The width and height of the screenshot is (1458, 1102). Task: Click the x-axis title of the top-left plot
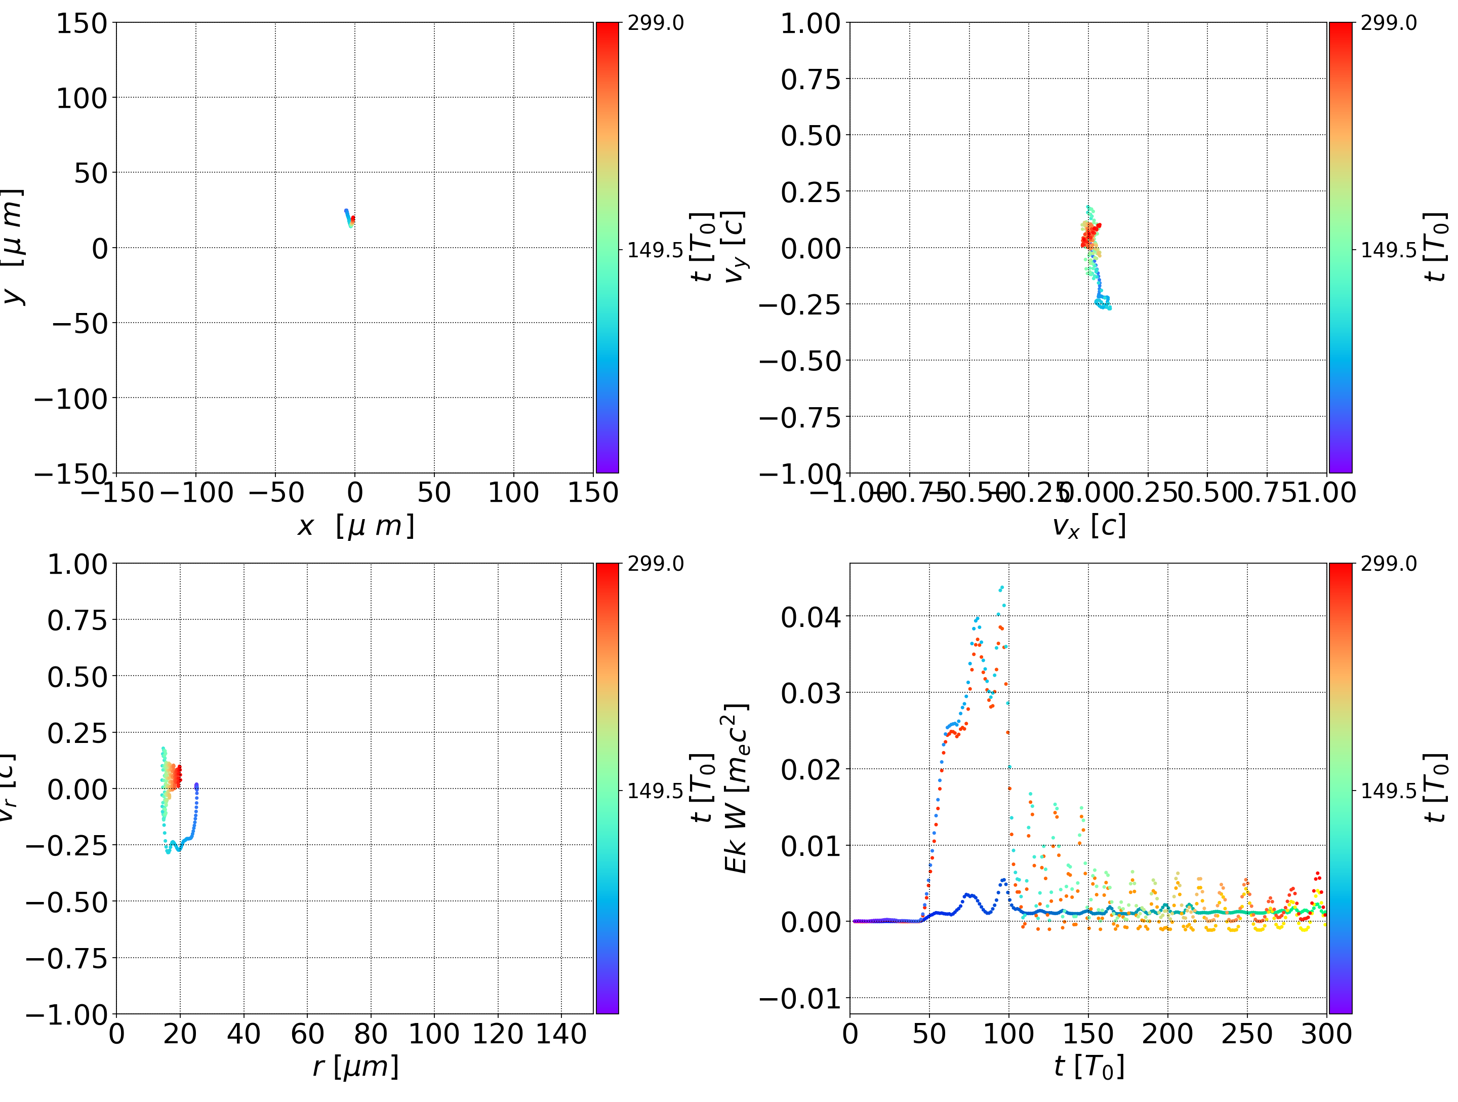[356, 526]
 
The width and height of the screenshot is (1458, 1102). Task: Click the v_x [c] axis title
[1089, 526]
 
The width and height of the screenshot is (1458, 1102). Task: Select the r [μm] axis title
[356, 1067]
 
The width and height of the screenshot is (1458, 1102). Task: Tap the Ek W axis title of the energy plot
[736, 788]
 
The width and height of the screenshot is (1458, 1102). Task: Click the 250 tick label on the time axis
[1247, 1034]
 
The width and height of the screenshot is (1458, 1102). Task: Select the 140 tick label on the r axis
[561, 1034]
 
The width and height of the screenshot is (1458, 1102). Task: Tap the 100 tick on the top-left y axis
[81, 98]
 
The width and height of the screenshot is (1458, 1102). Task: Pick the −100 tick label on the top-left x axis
[196, 493]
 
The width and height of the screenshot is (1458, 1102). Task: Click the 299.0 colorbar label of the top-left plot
[655, 23]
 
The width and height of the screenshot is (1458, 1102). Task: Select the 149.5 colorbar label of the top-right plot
[1388, 250]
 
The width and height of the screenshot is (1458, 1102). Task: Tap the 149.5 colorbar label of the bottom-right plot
[1388, 790]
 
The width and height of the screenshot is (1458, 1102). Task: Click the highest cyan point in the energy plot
[1002, 587]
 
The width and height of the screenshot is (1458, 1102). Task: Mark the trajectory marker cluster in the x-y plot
[350, 218]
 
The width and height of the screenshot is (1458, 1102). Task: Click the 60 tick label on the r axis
[307, 1034]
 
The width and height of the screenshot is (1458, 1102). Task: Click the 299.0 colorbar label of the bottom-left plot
[655, 564]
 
